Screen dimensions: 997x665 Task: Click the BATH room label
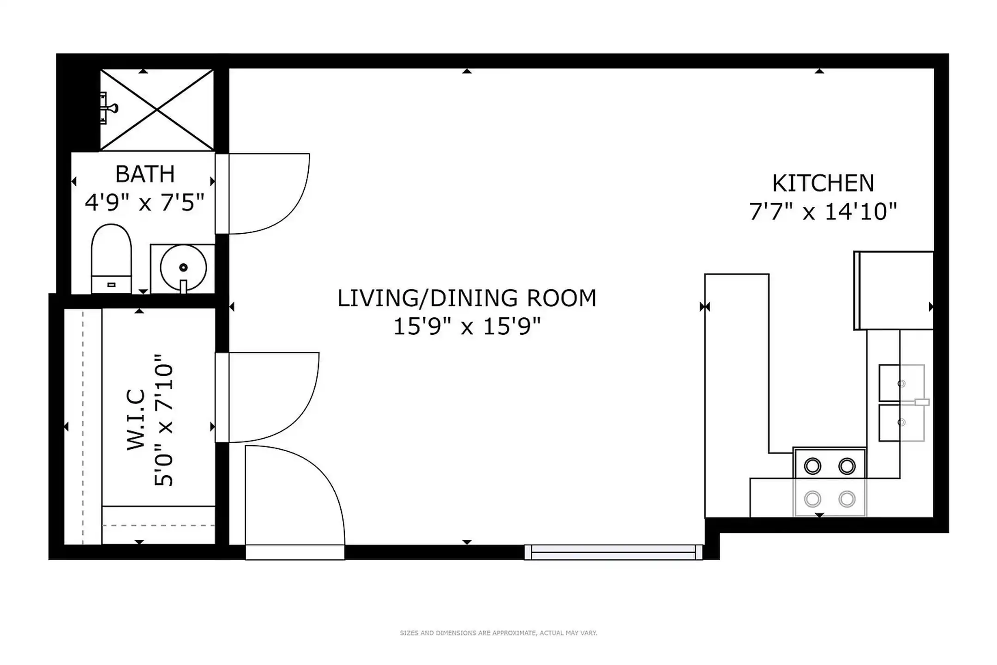[x=145, y=174]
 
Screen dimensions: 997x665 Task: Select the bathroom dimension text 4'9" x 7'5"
[x=144, y=202]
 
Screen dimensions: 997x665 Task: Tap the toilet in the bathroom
[x=111, y=259]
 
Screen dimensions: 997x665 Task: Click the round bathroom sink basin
[x=183, y=267]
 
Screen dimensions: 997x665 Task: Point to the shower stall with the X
[x=157, y=110]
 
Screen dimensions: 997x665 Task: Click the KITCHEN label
[x=823, y=183]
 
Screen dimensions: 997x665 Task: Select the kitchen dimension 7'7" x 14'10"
[x=823, y=212]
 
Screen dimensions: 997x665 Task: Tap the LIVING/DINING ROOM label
[x=467, y=298]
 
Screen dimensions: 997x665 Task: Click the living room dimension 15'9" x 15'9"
[x=467, y=327]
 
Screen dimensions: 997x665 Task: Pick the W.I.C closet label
[x=136, y=420]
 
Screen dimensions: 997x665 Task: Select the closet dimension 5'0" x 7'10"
[x=164, y=420]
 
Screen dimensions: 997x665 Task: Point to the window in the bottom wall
[x=613, y=552]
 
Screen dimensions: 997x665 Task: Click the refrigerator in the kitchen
[x=894, y=290]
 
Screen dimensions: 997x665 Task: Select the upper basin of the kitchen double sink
[x=901, y=383]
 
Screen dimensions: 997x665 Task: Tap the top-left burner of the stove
[x=812, y=466]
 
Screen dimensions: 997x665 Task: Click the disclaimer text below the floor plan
[x=498, y=633]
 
